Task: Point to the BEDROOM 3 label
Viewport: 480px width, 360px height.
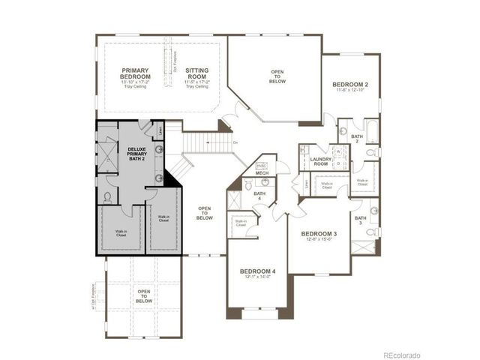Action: (319, 234)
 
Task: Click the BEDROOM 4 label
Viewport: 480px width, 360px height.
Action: (257, 271)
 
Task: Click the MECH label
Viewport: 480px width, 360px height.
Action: (262, 173)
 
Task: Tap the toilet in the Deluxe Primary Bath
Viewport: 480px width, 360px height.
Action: (107, 197)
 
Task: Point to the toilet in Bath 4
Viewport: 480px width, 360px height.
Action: (248, 184)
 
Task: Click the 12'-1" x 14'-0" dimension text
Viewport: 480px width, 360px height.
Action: (257, 277)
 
